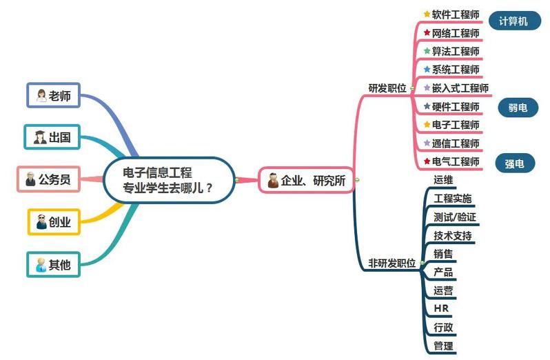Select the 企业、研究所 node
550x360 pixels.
point(306,180)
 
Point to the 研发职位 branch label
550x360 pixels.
point(387,88)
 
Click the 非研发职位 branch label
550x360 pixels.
point(391,263)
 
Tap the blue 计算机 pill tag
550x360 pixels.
point(515,21)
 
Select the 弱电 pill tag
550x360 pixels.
point(518,108)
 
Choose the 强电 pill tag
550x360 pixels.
point(515,163)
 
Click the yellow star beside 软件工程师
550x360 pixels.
point(427,14)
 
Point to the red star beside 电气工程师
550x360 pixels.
point(427,161)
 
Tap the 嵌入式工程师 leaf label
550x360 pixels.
point(460,88)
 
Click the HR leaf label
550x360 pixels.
point(441,308)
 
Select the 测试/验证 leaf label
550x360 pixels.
point(455,217)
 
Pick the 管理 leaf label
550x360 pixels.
point(443,346)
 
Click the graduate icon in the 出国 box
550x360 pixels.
point(40,137)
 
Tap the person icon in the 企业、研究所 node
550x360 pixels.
point(273,180)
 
